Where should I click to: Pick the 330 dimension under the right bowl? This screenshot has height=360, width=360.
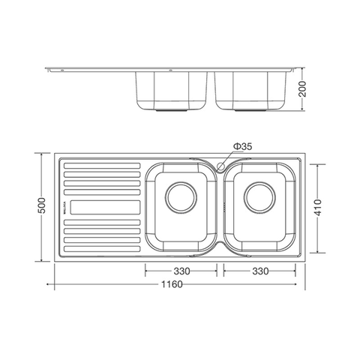click(259, 271)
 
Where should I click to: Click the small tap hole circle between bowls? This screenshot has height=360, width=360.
click(221, 163)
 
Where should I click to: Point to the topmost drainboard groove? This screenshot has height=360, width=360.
click(101, 163)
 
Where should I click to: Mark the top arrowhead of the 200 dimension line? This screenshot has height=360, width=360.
click(303, 68)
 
